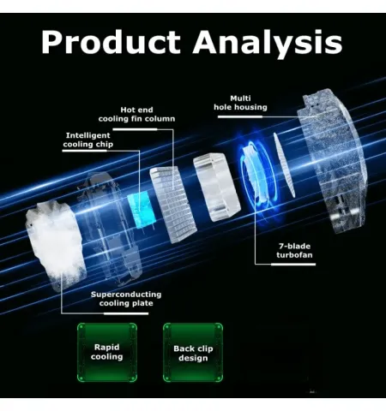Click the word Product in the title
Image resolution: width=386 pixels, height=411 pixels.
pos(111,42)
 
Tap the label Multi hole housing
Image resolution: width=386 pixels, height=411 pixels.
pos(240,103)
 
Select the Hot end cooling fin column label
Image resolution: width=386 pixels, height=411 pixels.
pos(136,114)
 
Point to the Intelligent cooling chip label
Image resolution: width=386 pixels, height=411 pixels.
pos(87,140)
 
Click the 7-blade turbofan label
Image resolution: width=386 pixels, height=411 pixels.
pos(294,250)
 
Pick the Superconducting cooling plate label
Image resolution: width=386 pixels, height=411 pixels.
pos(126,299)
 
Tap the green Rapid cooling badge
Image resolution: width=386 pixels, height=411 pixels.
pos(107,352)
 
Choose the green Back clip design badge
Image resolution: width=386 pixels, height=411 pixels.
pos(193,353)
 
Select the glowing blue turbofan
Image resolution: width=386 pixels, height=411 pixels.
pos(257,174)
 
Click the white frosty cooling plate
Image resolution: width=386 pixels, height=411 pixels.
pos(56,242)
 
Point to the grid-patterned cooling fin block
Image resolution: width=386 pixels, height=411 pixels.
pos(173,204)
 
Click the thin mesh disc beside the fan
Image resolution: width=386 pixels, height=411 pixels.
pos(284,164)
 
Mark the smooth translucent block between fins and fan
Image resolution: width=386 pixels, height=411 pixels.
pos(217,187)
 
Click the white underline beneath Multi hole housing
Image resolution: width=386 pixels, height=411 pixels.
pos(240,116)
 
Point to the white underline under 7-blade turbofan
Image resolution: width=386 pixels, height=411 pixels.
pos(293,265)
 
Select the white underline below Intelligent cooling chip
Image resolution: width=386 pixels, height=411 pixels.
pos(84,151)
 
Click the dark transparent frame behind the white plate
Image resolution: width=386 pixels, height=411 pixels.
pos(110,229)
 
